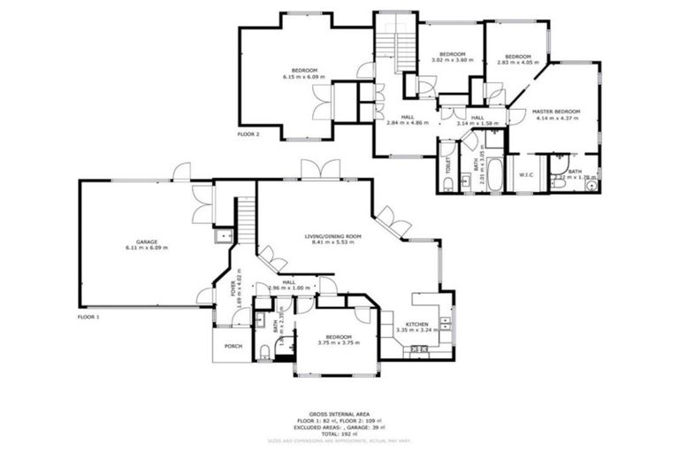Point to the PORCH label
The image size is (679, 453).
(x=233, y=346)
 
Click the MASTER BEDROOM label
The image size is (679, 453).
(x=555, y=111)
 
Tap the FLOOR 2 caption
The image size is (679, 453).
(x=248, y=134)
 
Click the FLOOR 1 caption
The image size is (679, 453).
(x=88, y=316)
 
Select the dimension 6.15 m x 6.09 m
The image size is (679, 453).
(x=304, y=77)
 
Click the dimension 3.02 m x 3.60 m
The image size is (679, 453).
(x=452, y=59)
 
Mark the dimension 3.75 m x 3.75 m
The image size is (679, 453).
(x=338, y=343)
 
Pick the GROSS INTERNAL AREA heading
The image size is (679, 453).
(x=339, y=413)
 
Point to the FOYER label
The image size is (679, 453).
(x=237, y=292)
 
